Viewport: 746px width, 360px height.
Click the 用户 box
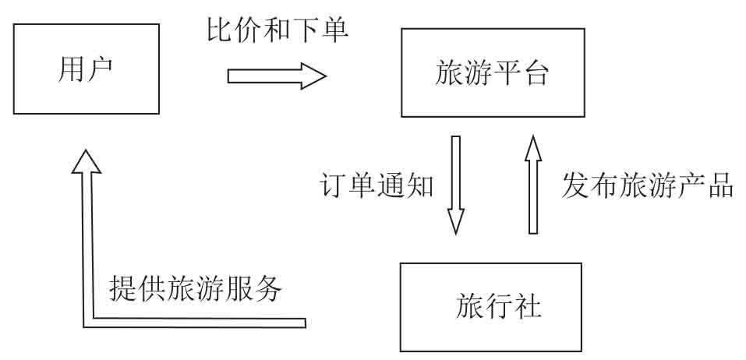tap(87, 69)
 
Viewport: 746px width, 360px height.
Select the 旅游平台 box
tap(492, 72)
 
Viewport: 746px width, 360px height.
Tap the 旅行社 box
tap(490, 306)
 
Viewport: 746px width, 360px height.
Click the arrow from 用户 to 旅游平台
tap(277, 76)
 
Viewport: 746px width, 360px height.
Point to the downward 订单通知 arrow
tap(456, 184)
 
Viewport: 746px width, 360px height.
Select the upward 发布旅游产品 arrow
tap(533, 184)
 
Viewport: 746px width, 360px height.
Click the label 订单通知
tap(377, 185)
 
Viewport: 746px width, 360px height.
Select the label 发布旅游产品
tap(647, 185)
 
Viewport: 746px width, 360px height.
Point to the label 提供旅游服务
tap(195, 289)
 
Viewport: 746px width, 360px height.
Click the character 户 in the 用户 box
tap(100, 69)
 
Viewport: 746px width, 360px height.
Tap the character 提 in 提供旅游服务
tap(124, 289)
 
